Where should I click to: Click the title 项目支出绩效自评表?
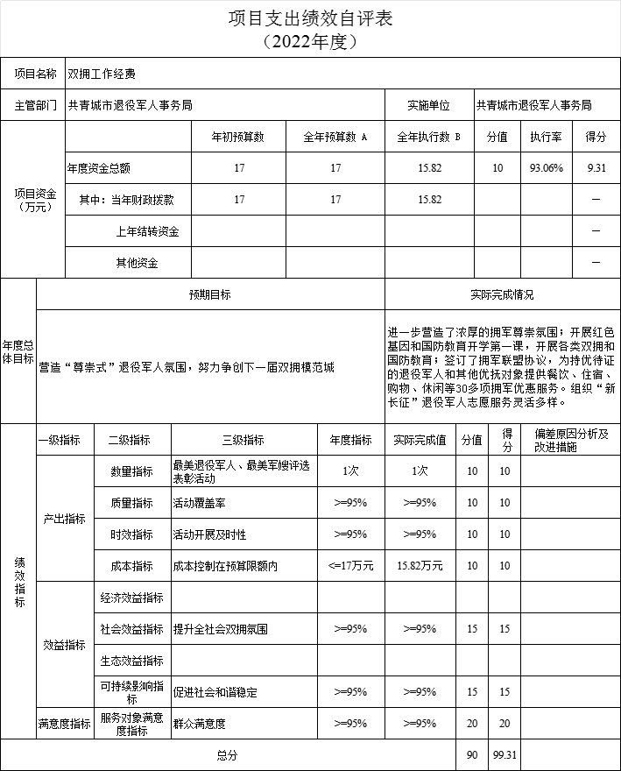tap(310, 18)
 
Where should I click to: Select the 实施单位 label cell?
tap(428, 105)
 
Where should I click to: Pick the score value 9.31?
tap(596, 168)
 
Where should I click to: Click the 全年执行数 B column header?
tap(429, 137)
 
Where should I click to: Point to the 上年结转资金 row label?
tap(147, 231)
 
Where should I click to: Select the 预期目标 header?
tap(210, 295)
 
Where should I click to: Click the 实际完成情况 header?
tap(502, 295)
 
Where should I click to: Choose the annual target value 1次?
tap(350, 471)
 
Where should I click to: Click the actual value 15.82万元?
tap(420, 566)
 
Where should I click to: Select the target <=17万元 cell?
tap(350, 566)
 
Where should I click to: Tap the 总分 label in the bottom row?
tap(228, 754)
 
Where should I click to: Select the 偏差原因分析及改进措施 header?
tap(570, 440)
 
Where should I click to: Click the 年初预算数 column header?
tap(238, 137)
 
